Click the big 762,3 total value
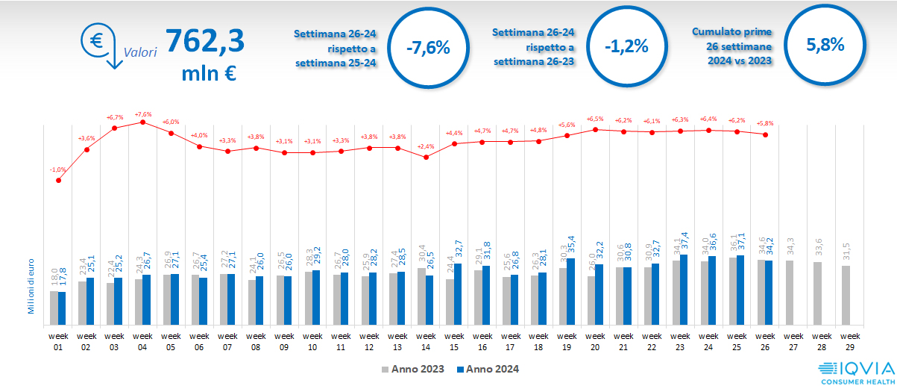pos(204,41)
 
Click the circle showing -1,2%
pos(626,46)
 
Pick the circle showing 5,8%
pos(825,45)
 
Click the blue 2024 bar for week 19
pos(571,292)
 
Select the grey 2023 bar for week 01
pos(54,308)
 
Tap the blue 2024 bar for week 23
pos(684,290)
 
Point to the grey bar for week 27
pos(789,293)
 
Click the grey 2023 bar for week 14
pos(422,296)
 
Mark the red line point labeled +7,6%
pos(143,122)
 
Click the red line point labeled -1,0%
pos(58,180)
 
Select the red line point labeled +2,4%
pos(426,157)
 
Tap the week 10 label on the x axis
pos(312,342)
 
